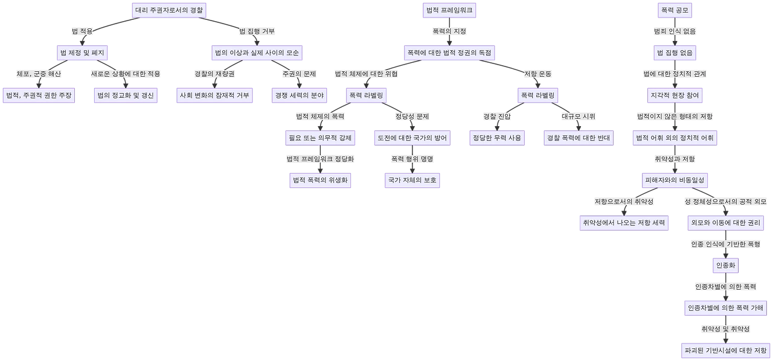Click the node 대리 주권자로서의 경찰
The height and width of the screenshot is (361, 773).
(x=169, y=10)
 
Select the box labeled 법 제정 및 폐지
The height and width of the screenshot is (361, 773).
(x=82, y=53)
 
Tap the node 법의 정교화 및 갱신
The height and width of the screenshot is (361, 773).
(x=125, y=95)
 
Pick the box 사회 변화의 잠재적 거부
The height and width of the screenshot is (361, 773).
(x=214, y=95)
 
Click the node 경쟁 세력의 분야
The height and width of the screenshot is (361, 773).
(x=299, y=95)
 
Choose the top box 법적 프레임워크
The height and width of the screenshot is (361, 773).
(x=449, y=10)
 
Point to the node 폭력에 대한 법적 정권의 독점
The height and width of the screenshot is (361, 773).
(x=449, y=53)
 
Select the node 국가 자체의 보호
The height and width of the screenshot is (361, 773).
(x=412, y=180)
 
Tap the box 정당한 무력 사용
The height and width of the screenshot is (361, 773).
(x=497, y=138)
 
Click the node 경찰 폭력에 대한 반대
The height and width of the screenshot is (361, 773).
(x=579, y=138)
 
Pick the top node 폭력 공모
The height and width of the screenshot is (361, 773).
(x=676, y=10)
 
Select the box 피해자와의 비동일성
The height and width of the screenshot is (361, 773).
(x=674, y=180)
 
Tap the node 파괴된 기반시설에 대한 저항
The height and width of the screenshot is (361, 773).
(x=725, y=350)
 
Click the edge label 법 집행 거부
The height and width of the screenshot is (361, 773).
(x=258, y=31)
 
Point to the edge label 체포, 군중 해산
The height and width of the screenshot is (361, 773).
(x=39, y=74)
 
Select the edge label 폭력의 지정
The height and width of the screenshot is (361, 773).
(x=449, y=31)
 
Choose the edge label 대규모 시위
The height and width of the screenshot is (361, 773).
(x=579, y=116)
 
